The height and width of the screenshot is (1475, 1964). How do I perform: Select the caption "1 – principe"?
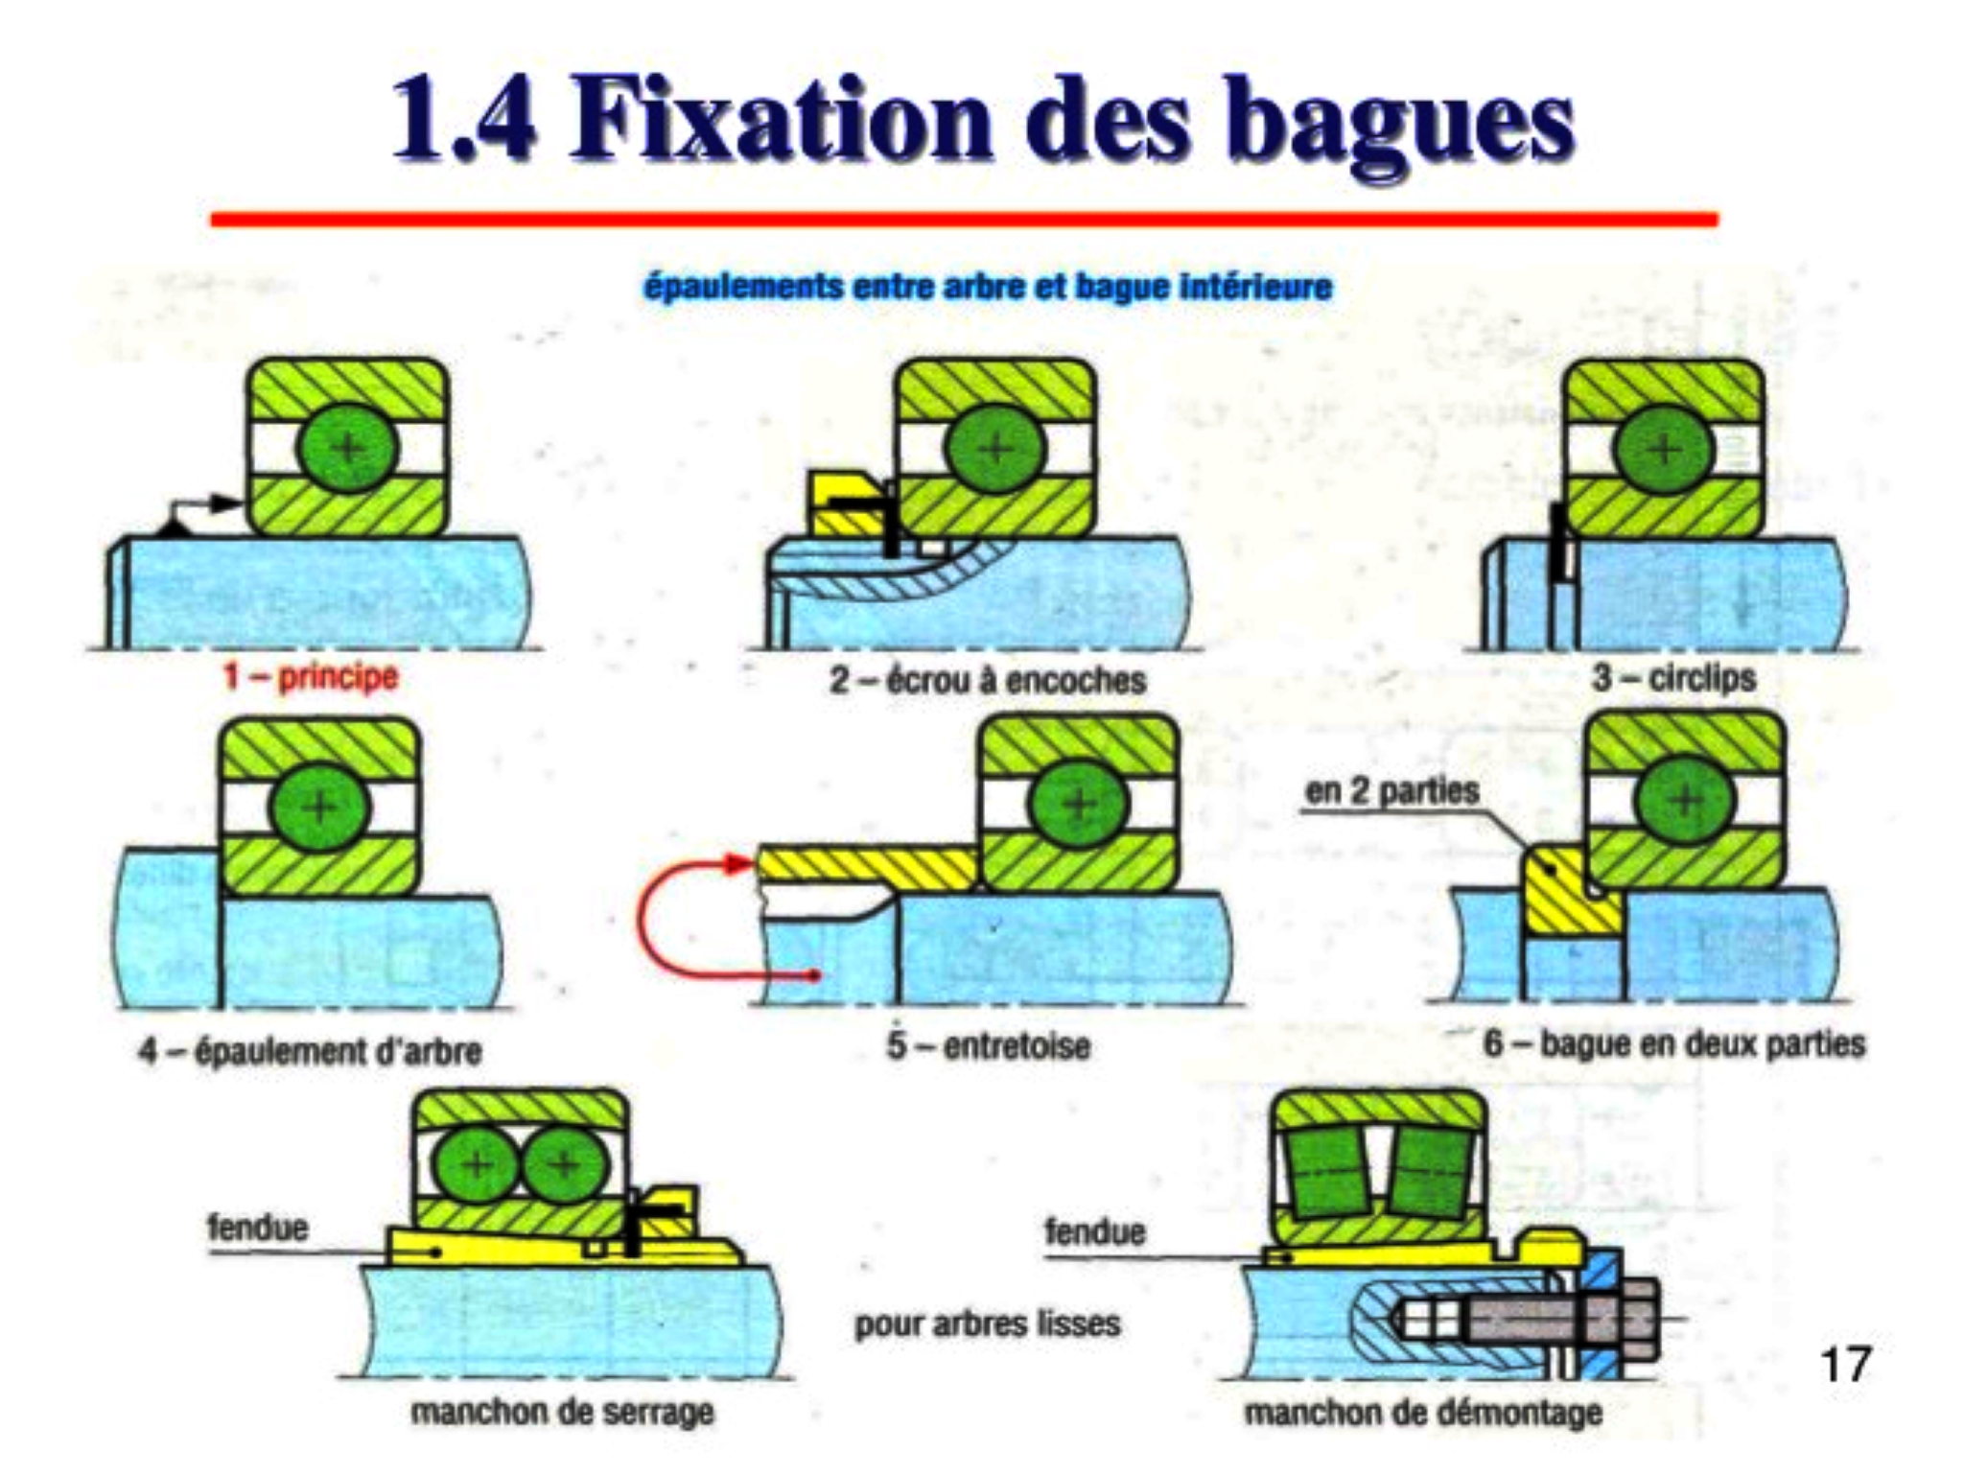[310, 676]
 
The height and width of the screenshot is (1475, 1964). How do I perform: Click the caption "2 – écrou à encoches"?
[988, 680]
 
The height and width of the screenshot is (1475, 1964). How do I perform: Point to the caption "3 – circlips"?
[1673, 677]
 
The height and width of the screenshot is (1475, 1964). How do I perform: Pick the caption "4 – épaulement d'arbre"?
[310, 1051]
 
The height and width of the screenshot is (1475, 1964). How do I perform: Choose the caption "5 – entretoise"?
[988, 1044]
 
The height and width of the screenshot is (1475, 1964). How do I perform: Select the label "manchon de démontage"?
[1423, 1412]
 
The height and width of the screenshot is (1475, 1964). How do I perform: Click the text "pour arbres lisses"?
[988, 1323]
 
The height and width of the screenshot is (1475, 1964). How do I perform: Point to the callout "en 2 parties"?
[1391, 791]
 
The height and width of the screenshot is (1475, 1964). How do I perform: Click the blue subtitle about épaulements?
[988, 286]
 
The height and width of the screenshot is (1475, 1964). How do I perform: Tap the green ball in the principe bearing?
[347, 448]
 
